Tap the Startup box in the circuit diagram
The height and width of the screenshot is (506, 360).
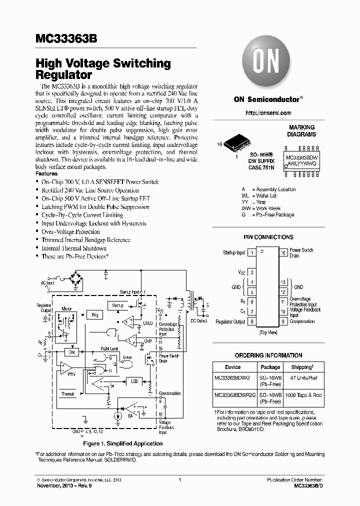[117, 305]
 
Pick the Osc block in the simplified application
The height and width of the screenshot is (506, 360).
[72, 352]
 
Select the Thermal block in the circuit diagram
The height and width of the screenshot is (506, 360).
[67, 393]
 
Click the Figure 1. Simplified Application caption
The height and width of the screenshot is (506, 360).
[122, 443]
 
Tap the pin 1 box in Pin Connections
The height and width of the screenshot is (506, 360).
[251, 253]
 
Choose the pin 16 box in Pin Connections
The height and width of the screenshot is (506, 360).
[282, 253]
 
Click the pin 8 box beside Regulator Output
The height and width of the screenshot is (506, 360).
[251, 321]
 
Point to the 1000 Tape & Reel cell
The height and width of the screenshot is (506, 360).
[304, 395]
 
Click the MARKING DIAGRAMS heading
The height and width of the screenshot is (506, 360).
[301, 131]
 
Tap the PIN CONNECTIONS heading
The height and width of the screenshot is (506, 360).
[268, 237]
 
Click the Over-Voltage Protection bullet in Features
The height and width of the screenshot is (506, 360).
[70, 231]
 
